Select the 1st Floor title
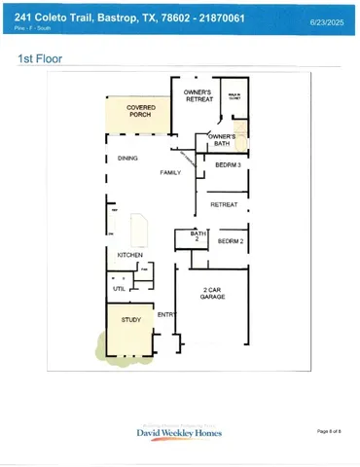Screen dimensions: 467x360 (x=40, y=59)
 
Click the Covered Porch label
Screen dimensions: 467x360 (x=139, y=111)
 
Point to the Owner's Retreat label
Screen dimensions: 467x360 (x=198, y=95)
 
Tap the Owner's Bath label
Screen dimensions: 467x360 (x=222, y=140)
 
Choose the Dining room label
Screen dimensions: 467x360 (x=126, y=158)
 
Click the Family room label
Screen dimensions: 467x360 (x=171, y=172)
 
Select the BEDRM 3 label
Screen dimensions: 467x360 (x=228, y=165)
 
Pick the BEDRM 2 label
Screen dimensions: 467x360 (x=231, y=240)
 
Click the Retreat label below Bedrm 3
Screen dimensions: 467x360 (x=224, y=204)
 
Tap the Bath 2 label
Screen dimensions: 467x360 (x=198, y=236)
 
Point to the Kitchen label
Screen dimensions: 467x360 (x=129, y=255)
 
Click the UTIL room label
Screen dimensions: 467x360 (x=119, y=288)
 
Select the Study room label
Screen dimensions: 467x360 (x=130, y=319)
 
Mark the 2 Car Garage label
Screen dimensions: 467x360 (x=214, y=294)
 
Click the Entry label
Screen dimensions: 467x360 (x=166, y=314)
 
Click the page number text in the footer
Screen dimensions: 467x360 (x=329, y=430)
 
